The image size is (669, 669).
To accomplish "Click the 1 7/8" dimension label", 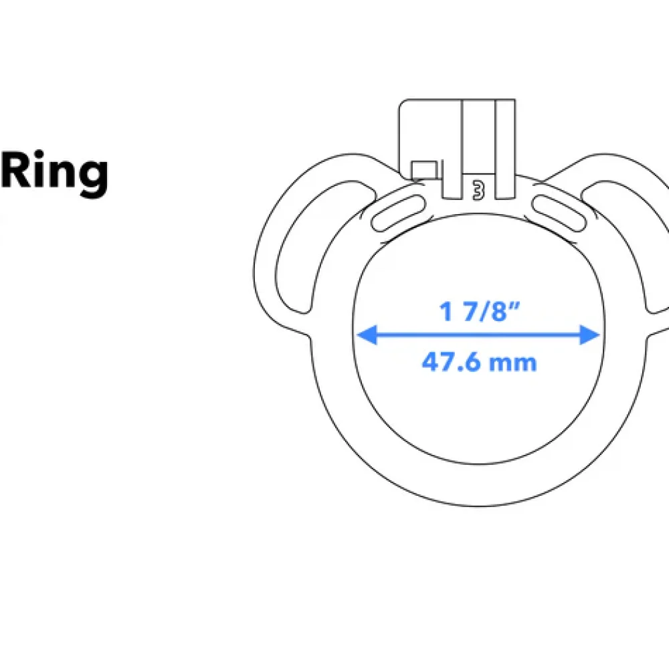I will click(479, 311).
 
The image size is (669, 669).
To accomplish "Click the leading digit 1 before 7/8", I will click(446, 311).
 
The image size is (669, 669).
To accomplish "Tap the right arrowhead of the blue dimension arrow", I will click(590, 336).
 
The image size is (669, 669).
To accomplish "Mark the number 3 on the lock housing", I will click(478, 189).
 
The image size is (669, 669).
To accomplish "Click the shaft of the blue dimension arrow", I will click(478, 336).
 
